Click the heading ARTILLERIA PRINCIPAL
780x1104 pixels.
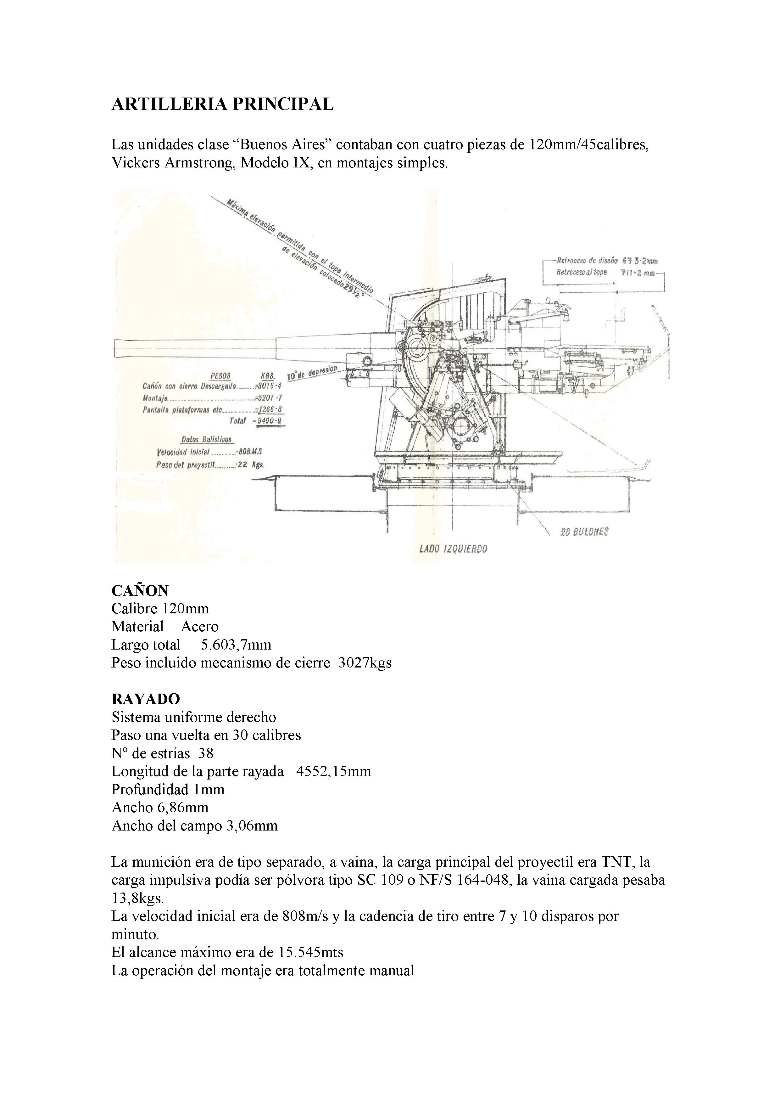[x=222, y=104]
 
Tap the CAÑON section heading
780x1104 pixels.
[x=140, y=590]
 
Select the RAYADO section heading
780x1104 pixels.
[x=146, y=699]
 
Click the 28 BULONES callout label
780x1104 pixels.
[x=584, y=532]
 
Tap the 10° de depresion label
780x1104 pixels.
[x=312, y=372]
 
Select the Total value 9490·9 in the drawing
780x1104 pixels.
[x=269, y=421]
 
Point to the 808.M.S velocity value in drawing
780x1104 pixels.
[x=250, y=452]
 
